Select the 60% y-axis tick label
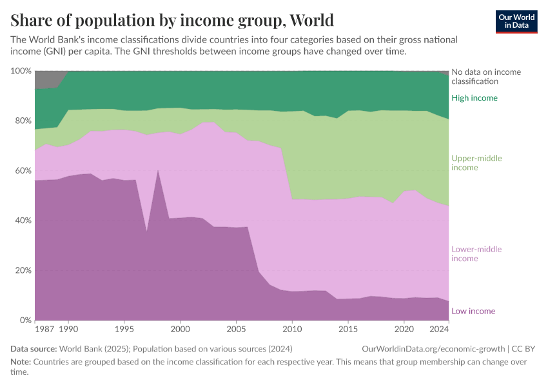click(x=22, y=171)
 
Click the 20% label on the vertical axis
click(x=22, y=270)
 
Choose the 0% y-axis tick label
click(x=24, y=321)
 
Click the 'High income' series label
click(x=475, y=98)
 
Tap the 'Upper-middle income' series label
click(x=476, y=163)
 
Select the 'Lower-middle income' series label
click(x=476, y=254)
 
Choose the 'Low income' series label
click(x=473, y=312)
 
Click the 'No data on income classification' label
click(x=486, y=77)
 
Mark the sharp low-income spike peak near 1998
click(x=158, y=170)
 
